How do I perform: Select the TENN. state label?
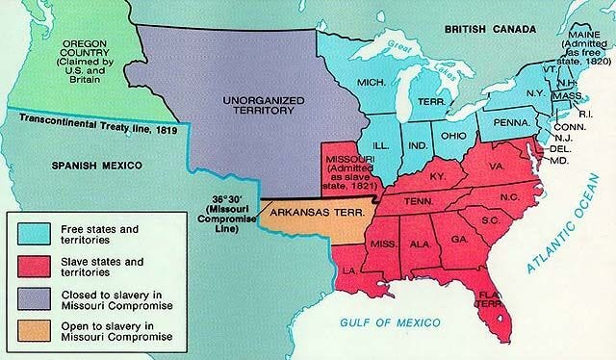tap(416, 201)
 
